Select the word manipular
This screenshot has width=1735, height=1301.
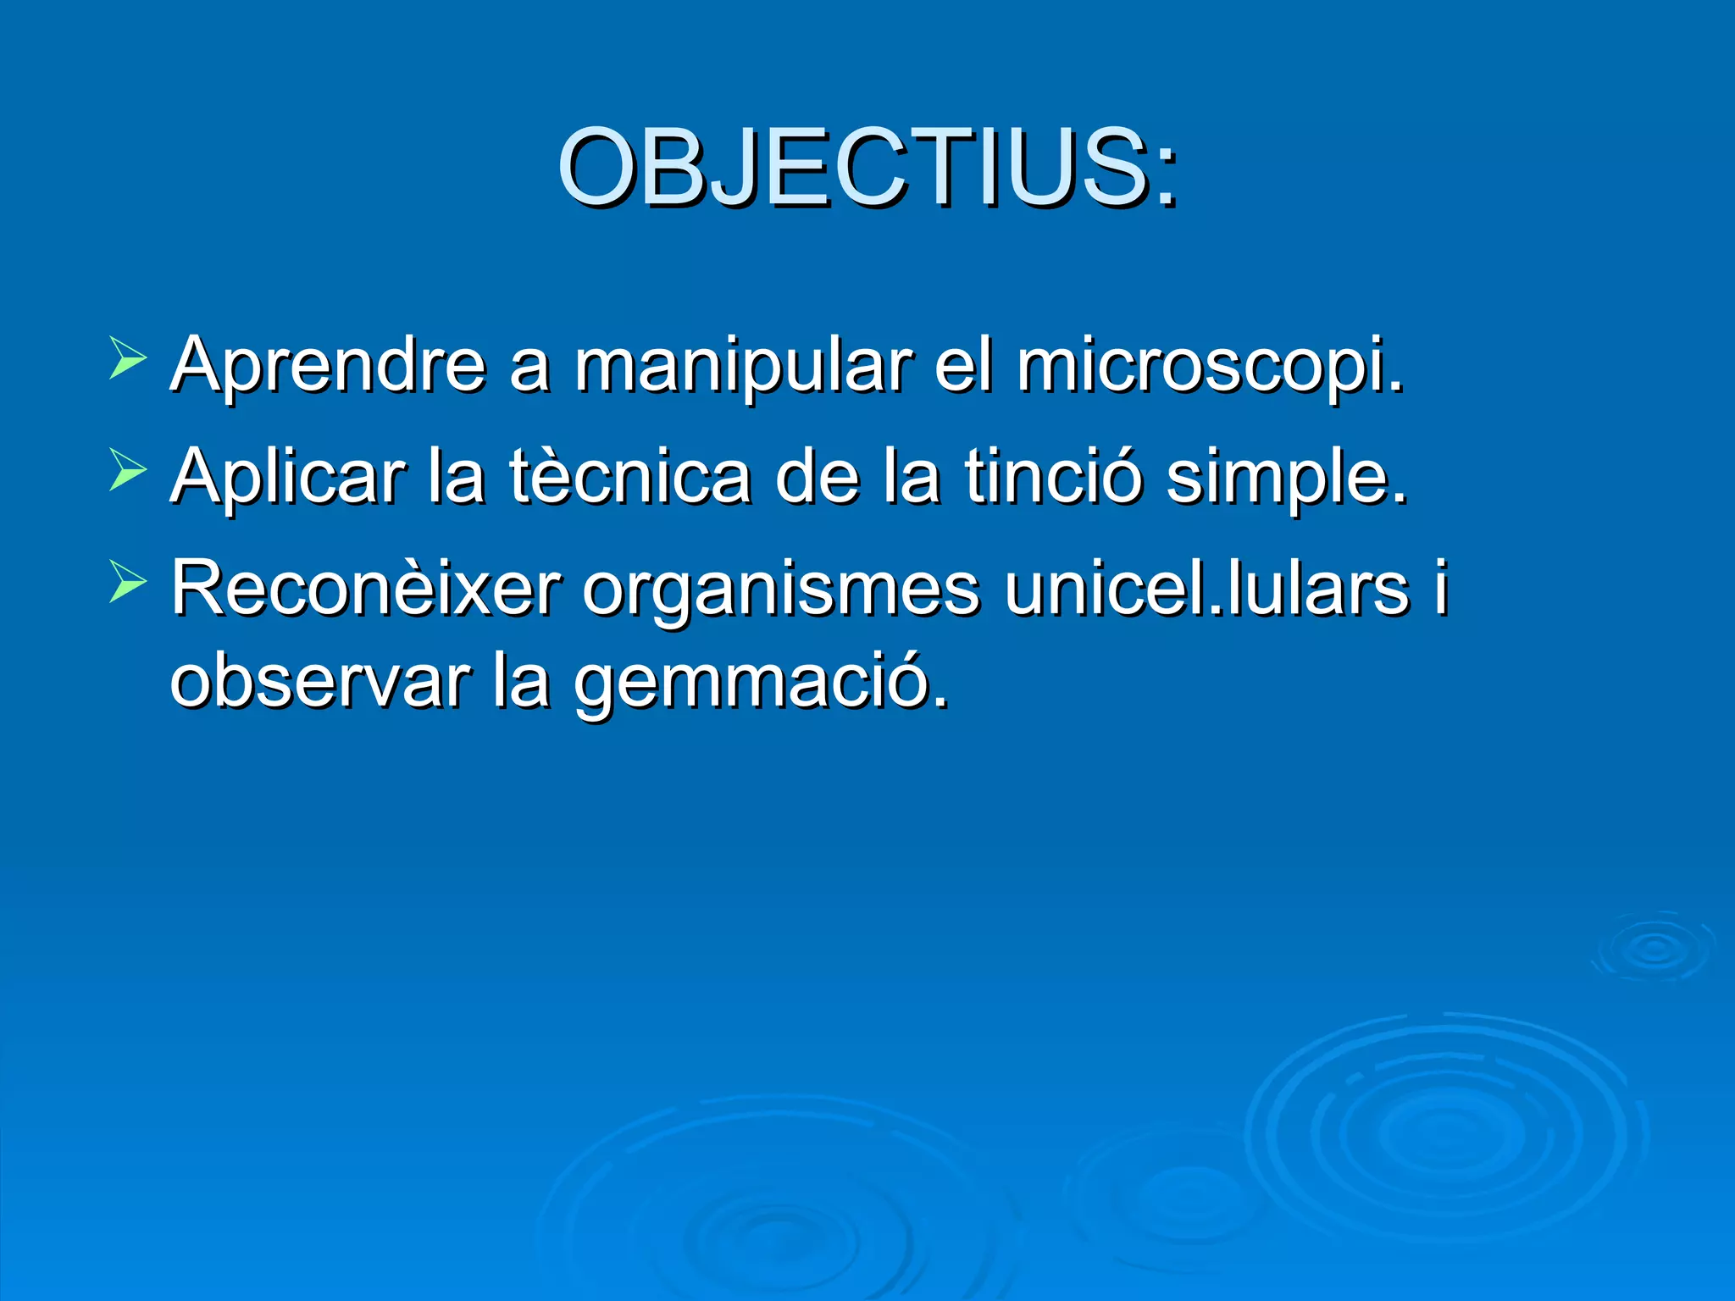pos(743,366)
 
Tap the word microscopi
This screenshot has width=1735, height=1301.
pos(1210,366)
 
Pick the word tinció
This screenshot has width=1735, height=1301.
pos(1053,477)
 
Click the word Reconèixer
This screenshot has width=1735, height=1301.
pos(365,589)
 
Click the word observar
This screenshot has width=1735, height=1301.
pos(319,682)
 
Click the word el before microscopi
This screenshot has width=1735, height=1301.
pos(962,366)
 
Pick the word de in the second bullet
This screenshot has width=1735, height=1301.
pos(815,477)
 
